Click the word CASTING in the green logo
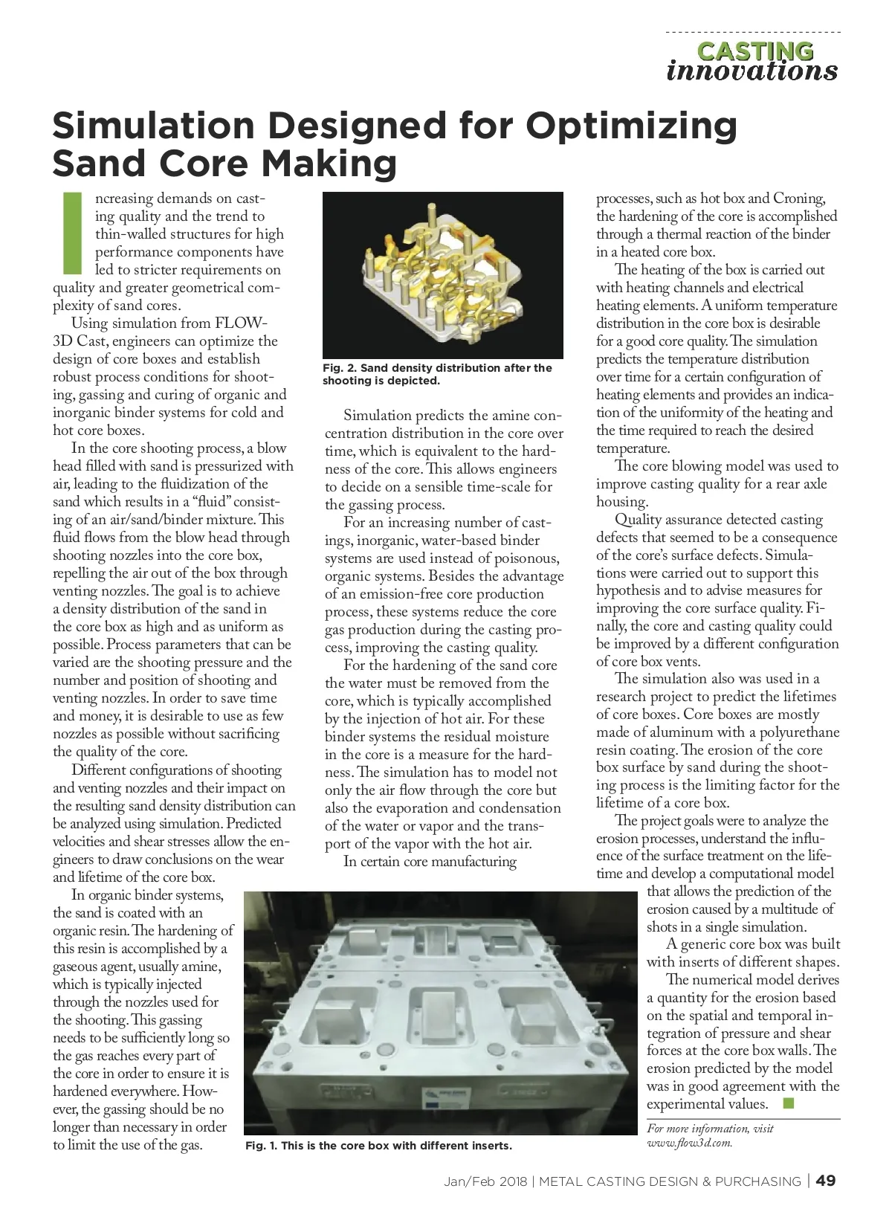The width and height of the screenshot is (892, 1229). [x=754, y=51]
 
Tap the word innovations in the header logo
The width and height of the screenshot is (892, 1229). [x=752, y=71]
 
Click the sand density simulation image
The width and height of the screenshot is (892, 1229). [x=442, y=275]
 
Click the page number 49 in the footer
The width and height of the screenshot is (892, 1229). [x=827, y=1181]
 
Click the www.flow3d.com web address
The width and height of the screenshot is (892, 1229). [x=690, y=1143]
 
